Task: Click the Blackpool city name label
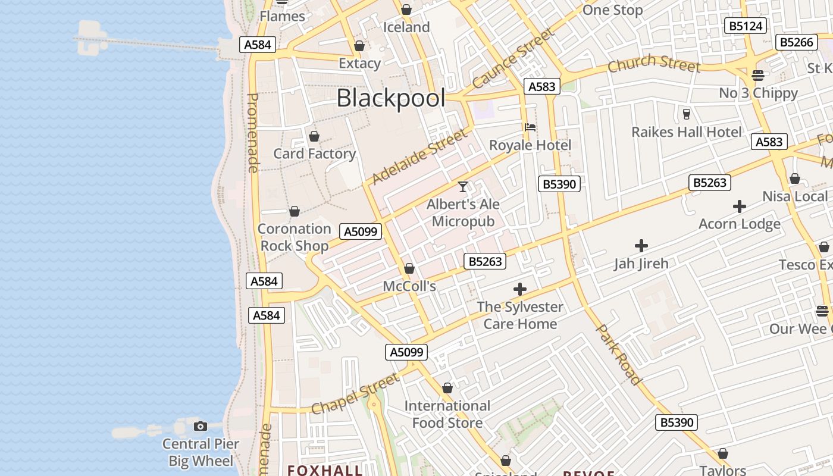pyautogui.click(x=390, y=98)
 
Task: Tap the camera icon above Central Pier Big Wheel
pyautogui.click(x=201, y=426)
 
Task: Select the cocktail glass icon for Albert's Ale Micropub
pyautogui.click(x=463, y=187)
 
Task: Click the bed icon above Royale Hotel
pyautogui.click(x=530, y=127)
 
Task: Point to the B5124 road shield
pyautogui.click(x=746, y=26)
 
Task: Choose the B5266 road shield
pyautogui.click(x=796, y=42)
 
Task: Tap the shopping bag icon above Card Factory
pyautogui.click(x=314, y=136)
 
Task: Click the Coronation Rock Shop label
pyautogui.click(x=294, y=237)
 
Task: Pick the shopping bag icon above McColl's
pyautogui.click(x=409, y=269)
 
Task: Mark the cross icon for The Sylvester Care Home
pyautogui.click(x=520, y=289)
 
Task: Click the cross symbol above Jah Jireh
pyautogui.click(x=641, y=245)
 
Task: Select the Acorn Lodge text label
pyautogui.click(x=739, y=224)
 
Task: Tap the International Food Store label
pyautogui.click(x=447, y=414)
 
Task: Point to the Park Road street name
pyautogui.click(x=619, y=355)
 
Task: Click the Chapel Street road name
pyautogui.click(x=355, y=394)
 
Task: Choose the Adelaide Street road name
pyautogui.click(x=419, y=157)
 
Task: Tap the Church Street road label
pyautogui.click(x=653, y=62)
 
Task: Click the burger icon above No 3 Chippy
pyautogui.click(x=757, y=76)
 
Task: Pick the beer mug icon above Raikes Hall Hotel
pyautogui.click(x=686, y=114)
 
